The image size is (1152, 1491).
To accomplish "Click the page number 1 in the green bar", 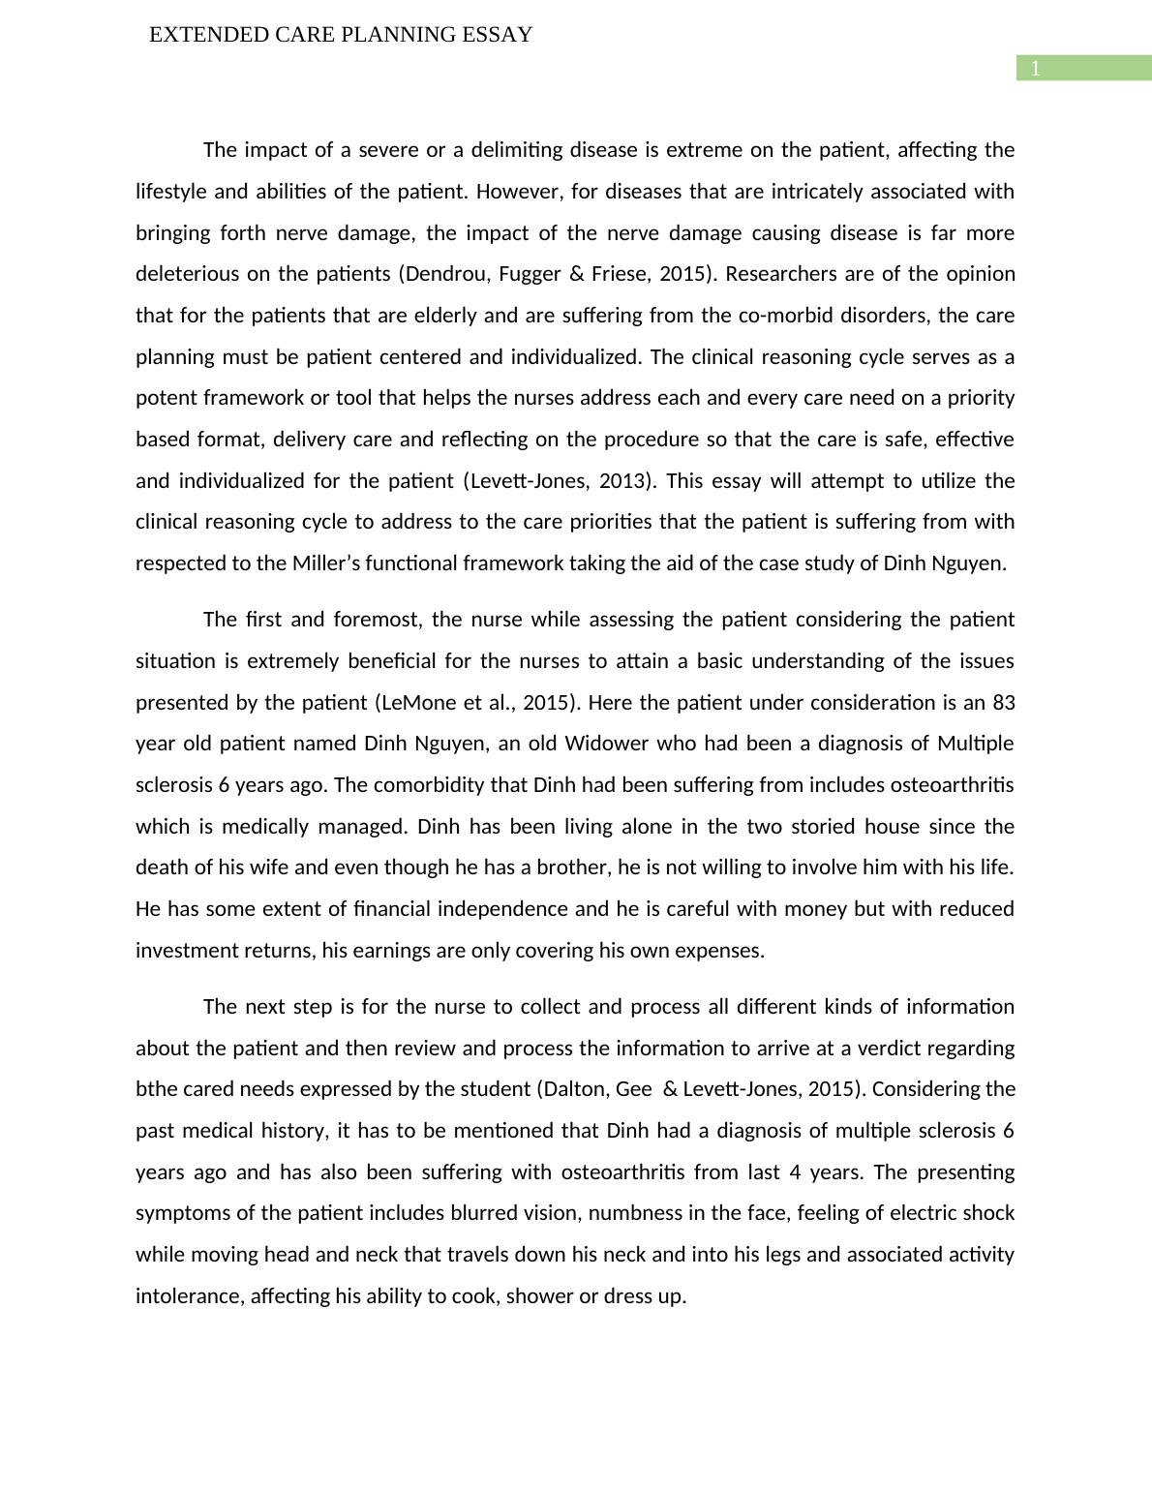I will (1035, 69).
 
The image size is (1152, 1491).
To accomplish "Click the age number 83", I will (1003, 703).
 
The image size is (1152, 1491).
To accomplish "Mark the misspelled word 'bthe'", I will (155, 1089).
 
